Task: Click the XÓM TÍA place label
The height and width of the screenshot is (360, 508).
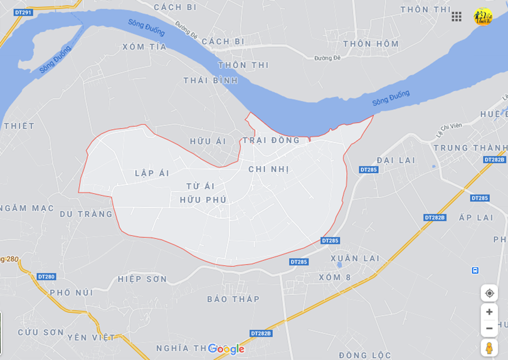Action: (144, 47)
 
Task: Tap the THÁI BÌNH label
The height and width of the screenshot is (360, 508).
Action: (211, 80)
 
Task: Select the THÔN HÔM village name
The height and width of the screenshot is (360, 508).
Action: (371, 44)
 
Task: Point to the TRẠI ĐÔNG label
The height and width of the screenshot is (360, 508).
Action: (272, 140)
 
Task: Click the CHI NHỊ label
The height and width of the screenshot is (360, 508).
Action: (268, 169)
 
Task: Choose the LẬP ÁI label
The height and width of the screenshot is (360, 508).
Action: (152, 173)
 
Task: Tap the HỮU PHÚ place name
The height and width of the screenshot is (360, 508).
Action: (203, 200)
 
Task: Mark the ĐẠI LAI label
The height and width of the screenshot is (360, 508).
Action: (396, 161)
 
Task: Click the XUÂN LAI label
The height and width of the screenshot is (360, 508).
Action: (356, 258)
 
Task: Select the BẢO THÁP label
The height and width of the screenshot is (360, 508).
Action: (233, 299)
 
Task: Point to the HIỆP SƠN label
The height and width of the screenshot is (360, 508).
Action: (142, 279)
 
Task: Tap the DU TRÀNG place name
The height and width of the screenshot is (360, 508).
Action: (87, 214)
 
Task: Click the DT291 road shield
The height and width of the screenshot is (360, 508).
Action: (23, 13)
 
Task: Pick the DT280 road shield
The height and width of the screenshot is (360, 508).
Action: (46, 277)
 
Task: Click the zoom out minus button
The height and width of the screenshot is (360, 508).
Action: (489, 328)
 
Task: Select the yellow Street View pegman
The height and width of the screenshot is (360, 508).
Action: (489, 347)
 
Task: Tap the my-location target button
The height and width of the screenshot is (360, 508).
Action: (489, 293)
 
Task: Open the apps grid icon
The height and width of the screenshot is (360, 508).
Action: (457, 17)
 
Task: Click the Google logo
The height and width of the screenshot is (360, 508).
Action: (226, 349)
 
